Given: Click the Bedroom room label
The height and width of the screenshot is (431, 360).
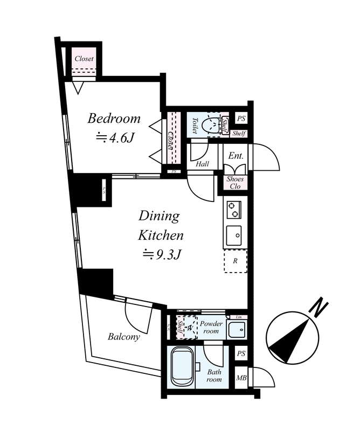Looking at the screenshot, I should (114, 119).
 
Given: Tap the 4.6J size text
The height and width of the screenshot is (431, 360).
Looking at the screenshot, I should (114, 137).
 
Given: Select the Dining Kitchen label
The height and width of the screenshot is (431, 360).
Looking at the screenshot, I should (160, 226).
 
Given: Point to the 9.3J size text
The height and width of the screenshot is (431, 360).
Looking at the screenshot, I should (161, 253).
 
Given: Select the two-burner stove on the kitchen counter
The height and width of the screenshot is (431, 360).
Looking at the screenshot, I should (234, 210).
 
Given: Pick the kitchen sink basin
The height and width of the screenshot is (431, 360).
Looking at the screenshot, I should (234, 235).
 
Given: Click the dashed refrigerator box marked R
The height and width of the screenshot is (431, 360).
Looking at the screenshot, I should (235, 261).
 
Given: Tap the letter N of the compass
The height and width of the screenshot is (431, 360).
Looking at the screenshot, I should (320, 309).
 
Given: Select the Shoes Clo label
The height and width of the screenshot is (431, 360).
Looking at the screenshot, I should (235, 183).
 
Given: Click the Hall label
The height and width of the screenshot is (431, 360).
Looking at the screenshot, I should (202, 164).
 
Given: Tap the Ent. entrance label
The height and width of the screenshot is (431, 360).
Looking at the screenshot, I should (236, 156).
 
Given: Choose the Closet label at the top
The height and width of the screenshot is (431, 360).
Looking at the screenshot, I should (84, 59).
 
